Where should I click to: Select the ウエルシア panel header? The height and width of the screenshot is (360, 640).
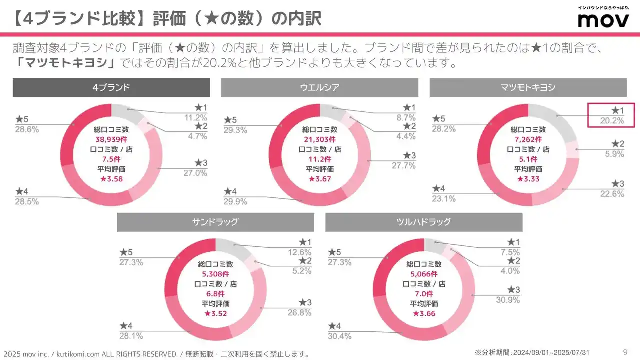pos(319,87)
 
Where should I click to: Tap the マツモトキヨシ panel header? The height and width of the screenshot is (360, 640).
pos(528,87)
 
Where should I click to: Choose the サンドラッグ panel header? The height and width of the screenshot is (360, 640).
pos(215,222)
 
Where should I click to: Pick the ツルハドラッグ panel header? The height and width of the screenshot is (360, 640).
pos(423,222)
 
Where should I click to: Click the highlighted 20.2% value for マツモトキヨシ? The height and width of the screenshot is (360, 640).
pos(611,120)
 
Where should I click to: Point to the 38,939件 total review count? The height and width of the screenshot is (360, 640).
pos(111,140)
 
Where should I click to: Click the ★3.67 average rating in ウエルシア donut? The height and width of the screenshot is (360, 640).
pos(320,179)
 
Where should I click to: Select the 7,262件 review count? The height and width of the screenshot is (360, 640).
pos(528,140)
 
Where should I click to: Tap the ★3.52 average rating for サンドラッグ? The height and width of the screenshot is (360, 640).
pos(215,313)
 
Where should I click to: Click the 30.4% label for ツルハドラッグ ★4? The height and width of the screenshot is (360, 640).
pos(339,336)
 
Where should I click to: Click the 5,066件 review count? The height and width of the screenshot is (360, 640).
pos(424,274)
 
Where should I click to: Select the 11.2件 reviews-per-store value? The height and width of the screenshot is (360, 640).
pos(320,159)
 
